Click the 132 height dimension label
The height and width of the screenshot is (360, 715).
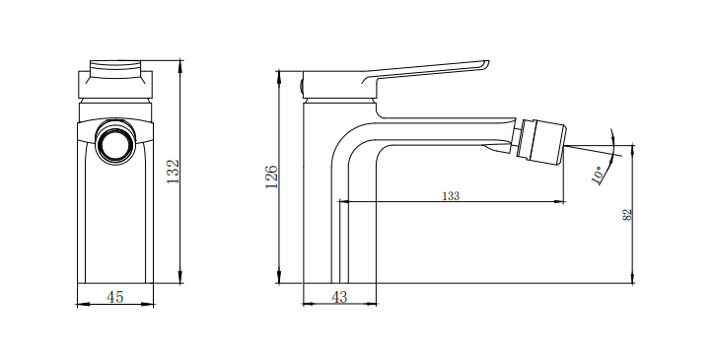pyautogui.click(x=174, y=172)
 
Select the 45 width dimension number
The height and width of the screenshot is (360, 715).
pyautogui.click(x=115, y=297)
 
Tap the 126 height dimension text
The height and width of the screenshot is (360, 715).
pyautogui.click(x=271, y=177)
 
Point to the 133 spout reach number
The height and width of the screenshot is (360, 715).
pyautogui.click(x=451, y=196)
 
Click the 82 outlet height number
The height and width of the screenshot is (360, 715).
pyautogui.click(x=627, y=215)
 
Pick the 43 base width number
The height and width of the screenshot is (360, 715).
pyautogui.click(x=339, y=298)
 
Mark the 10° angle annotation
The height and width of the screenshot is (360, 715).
pyautogui.click(x=599, y=176)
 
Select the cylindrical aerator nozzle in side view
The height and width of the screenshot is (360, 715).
pyautogui.click(x=543, y=141)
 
